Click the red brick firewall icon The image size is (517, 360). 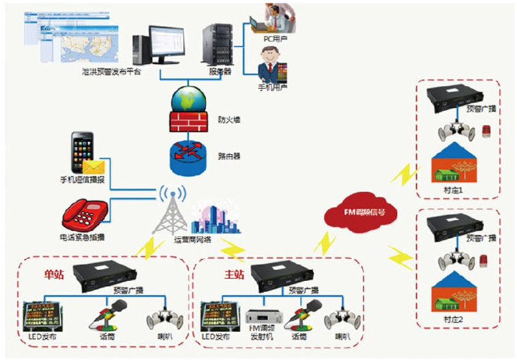pyautogui.click(x=189, y=121)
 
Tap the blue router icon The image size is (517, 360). pyautogui.click(x=189, y=156)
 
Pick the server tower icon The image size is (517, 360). pyautogui.click(x=215, y=45)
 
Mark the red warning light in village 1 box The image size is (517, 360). pyautogui.click(x=487, y=132)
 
